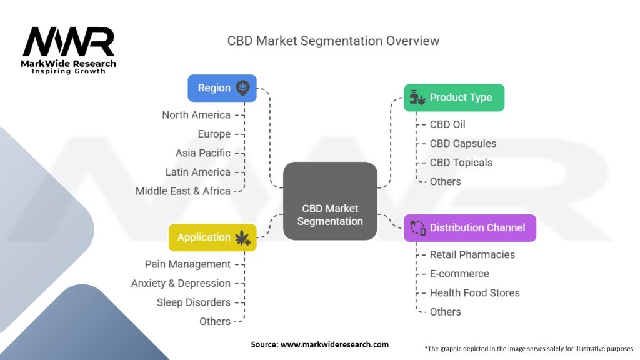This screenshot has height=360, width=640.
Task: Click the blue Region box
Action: point(222,88)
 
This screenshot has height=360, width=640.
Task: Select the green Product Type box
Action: point(454,97)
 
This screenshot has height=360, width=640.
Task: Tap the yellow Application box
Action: point(212,237)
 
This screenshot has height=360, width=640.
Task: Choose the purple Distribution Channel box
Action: point(470,227)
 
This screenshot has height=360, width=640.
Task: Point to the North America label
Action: point(196,115)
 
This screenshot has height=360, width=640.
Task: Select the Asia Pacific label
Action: point(203,153)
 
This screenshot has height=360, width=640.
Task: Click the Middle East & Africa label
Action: point(183,191)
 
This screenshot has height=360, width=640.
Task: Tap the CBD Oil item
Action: point(447,124)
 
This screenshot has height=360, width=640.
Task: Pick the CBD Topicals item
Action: point(461,162)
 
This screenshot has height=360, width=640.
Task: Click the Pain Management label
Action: point(187,264)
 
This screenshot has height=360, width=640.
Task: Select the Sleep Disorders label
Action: point(194,302)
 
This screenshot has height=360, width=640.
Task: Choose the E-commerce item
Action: point(459,274)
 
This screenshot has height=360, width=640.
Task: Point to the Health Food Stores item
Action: point(475,293)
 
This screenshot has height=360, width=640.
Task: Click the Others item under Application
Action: point(215,321)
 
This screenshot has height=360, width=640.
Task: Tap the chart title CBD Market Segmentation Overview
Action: point(333,41)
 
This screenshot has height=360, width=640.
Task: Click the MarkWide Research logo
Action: point(69,50)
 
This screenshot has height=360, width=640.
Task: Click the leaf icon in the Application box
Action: point(242,237)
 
